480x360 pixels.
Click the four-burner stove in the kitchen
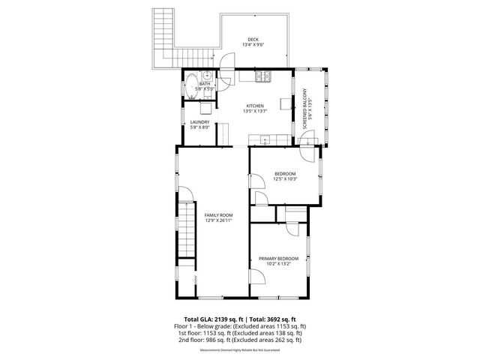pos(264,76)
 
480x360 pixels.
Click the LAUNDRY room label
pos(199,124)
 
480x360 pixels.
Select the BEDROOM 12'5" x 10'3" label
pos(285,176)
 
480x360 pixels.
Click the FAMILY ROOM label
pos(219,217)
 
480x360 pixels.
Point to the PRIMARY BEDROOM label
pos(279,261)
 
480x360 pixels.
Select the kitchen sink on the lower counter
pos(265,137)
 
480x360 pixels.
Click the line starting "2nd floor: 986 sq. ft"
pos(240,339)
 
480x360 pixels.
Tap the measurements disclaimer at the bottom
pos(240,350)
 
